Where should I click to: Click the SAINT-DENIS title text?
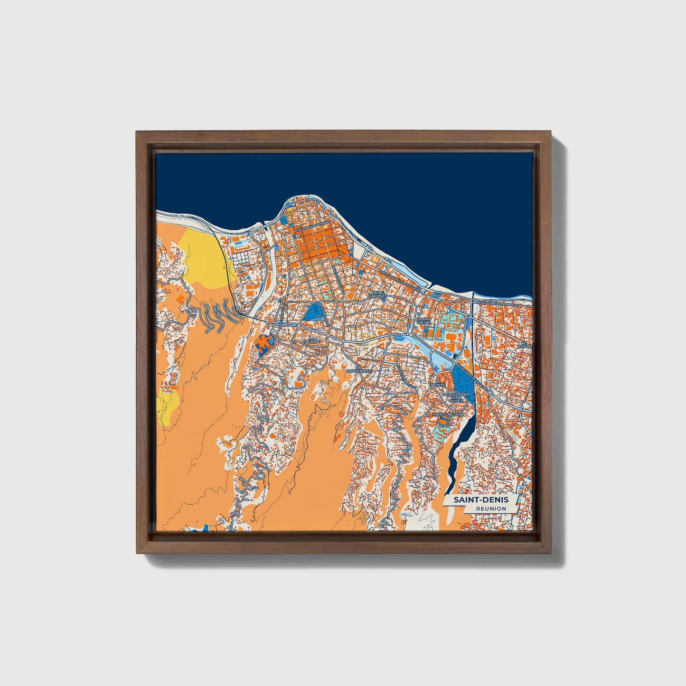coord(480,500)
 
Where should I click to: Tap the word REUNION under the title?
coord(491,508)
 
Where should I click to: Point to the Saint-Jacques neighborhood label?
coord(378,294)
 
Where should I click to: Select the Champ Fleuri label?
coord(423,321)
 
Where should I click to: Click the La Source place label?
coord(310,340)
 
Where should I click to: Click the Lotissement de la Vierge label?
coord(456,397)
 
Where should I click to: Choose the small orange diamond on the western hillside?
coord(180,299)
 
